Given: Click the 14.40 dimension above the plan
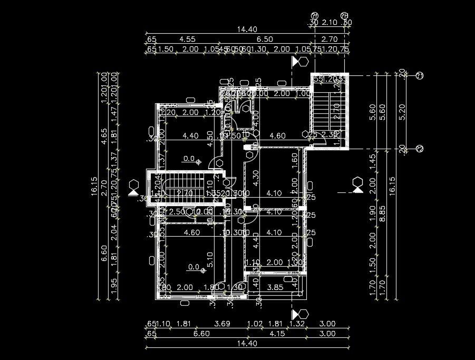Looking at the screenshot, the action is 247,30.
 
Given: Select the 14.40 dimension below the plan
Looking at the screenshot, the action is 247,344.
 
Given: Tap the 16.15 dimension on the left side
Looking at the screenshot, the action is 94,186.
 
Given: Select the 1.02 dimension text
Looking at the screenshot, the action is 255,324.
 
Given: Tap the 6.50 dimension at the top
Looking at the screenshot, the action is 265,39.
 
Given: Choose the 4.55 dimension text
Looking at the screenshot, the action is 187,39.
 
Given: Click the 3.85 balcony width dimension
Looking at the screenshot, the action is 276,287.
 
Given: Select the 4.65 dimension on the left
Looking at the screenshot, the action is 104,135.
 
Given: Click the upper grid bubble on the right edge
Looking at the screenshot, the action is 420,76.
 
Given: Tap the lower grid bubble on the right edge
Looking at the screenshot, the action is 420,149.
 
